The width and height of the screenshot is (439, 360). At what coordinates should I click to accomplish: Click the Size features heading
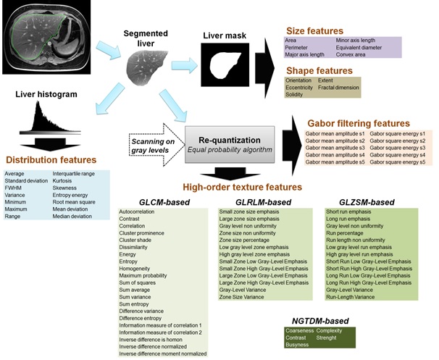tap(314, 31)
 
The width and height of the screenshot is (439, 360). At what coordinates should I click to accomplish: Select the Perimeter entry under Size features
tap(296, 48)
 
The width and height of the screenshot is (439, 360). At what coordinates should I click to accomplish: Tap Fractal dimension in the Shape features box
tap(338, 88)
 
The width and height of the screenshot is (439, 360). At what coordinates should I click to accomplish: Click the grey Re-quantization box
tap(230, 144)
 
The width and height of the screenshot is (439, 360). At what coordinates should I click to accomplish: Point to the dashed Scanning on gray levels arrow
tap(156, 145)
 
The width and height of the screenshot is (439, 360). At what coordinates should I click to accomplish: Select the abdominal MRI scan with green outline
tap(46, 37)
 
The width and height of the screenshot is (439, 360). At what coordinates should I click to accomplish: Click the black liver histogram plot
tap(50, 117)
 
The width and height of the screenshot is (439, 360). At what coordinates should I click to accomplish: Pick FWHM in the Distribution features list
tap(13, 188)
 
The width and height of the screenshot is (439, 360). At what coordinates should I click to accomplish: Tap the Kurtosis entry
tap(62, 181)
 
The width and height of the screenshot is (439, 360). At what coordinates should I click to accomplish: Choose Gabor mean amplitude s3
tap(335, 148)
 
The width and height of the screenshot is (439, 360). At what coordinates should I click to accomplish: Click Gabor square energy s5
tap(398, 162)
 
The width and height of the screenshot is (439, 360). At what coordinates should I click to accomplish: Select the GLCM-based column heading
tap(164, 202)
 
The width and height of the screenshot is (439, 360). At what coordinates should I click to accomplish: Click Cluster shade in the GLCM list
tap(135, 240)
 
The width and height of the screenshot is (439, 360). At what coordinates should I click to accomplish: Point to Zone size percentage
tap(244, 240)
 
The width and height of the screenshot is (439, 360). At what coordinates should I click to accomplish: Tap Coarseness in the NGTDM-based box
tap(300, 330)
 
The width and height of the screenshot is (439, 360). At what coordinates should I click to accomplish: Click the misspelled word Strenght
tap(327, 338)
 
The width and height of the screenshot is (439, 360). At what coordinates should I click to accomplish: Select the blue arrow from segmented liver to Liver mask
tap(185, 65)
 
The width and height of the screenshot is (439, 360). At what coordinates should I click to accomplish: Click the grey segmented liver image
tap(147, 67)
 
